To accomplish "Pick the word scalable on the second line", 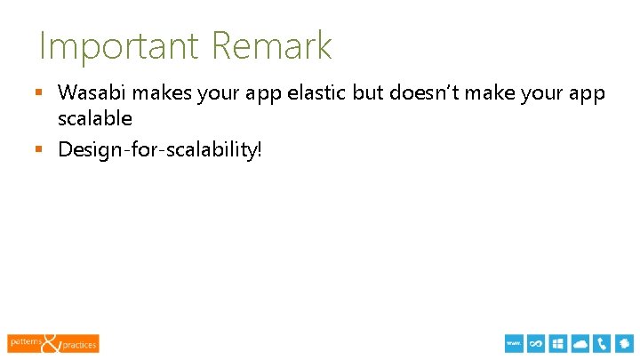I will coord(95,118).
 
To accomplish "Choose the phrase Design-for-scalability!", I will coord(160,149).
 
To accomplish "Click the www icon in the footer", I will coord(514,344).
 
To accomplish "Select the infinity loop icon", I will coord(536,344).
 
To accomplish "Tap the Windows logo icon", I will coord(558,344).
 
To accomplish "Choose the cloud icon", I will coord(581,344).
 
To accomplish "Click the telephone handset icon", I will coord(603,344).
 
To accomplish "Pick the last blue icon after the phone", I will coord(625,344).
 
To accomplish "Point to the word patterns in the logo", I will coord(25,340).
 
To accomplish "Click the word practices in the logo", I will coord(79,345).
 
